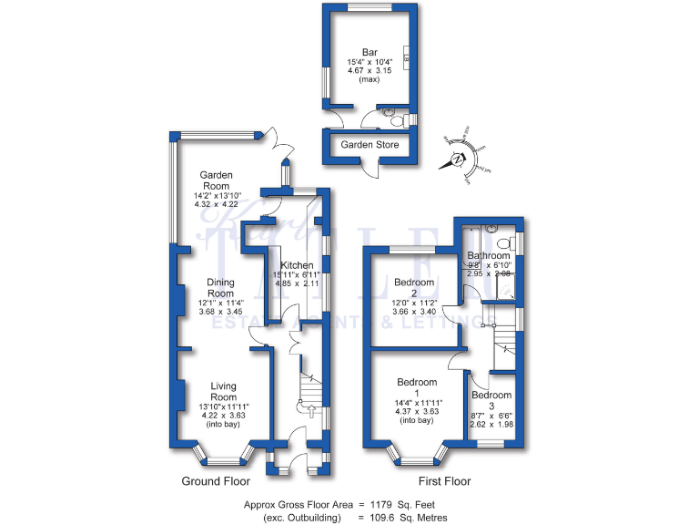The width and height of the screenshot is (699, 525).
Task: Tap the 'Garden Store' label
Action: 370,145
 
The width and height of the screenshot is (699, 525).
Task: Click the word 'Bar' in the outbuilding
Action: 369,52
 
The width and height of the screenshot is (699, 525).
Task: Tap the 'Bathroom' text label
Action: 489,256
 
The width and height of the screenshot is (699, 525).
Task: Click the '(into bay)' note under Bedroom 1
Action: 417,421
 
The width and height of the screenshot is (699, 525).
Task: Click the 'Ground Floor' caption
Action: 217,481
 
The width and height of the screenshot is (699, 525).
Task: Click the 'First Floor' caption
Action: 444,481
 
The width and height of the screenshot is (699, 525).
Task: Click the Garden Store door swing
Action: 369,170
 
